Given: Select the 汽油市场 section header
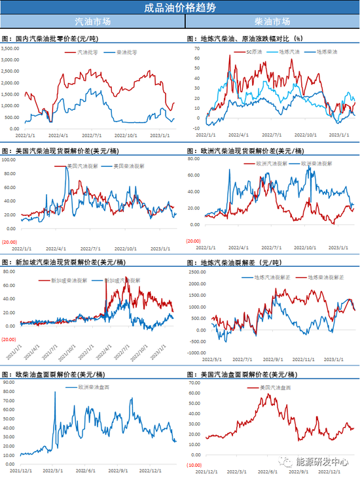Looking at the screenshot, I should click(x=93, y=23).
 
